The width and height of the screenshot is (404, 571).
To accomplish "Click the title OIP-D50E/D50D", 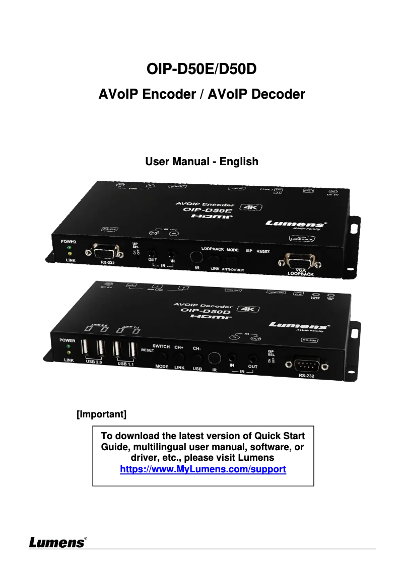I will pos(201,68).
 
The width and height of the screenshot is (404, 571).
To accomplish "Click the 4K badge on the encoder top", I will pos(249,208).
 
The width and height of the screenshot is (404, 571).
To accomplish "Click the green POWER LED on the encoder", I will pos(69,248).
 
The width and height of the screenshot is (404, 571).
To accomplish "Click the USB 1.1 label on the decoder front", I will pos(125,363).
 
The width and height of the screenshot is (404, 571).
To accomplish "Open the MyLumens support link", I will pos(203,470).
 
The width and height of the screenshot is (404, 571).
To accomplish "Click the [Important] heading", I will pos(101,414).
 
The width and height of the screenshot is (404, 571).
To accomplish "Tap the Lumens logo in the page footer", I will pos(57,542).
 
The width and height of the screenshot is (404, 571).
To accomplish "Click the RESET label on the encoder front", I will pos(263,251).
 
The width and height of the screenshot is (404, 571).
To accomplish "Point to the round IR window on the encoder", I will pos(197,257).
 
